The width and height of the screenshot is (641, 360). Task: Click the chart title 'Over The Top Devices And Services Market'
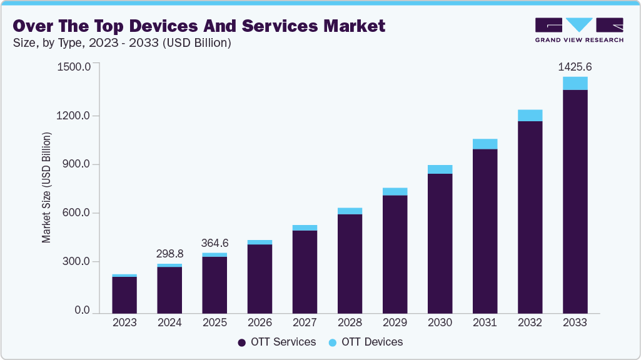coord(199,26)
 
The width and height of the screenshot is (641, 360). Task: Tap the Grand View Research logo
coord(579,29)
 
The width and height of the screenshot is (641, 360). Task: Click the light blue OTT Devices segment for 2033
coord(575,83)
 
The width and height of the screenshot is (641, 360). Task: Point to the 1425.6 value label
coord(575,66)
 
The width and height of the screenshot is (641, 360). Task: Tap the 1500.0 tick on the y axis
coord(74,67)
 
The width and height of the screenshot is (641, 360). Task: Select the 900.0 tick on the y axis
coord(76,164)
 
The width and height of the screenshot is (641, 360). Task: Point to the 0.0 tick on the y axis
coord(82,311)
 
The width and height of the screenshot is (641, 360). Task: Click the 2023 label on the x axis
coord(124,323)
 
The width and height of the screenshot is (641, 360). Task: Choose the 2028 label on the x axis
coord(350,323)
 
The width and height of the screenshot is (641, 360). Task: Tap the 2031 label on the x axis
coord(485,323)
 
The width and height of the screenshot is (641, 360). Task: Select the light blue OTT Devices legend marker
coord(332,342)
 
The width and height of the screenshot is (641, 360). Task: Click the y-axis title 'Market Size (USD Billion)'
coord(46,187)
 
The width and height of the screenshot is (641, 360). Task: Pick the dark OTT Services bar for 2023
coord(124,294)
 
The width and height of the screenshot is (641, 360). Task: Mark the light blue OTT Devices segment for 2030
coord(440,169)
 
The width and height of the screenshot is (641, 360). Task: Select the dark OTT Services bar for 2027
coord(305,271)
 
